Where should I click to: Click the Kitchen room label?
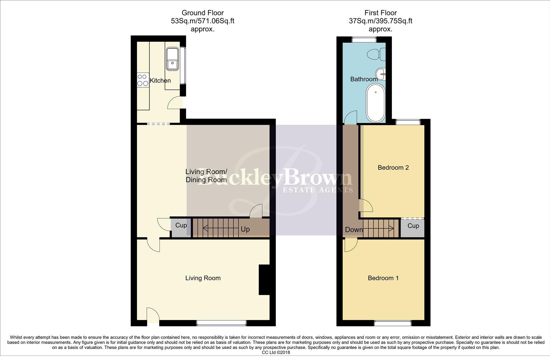point(160,81)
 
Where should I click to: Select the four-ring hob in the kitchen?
point(143,80)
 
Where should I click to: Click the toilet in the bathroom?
point(376,55)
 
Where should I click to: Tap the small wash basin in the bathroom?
point(380,73)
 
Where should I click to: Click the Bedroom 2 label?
point(393,168)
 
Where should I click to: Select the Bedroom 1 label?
point(383,278)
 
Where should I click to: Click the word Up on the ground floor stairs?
point(245,229)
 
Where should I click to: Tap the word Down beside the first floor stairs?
point(354,230)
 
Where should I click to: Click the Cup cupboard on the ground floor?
point(181,226)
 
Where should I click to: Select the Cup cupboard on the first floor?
point(413,226)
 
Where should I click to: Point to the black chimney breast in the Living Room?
point(264,280)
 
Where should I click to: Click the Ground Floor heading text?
point(202,13)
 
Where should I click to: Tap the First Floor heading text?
point(381,13)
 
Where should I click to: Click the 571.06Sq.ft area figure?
point(215,21)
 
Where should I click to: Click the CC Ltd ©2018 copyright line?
point(276,352)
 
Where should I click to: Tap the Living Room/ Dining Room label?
point(206,176)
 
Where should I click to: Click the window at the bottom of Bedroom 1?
point(392,323)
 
